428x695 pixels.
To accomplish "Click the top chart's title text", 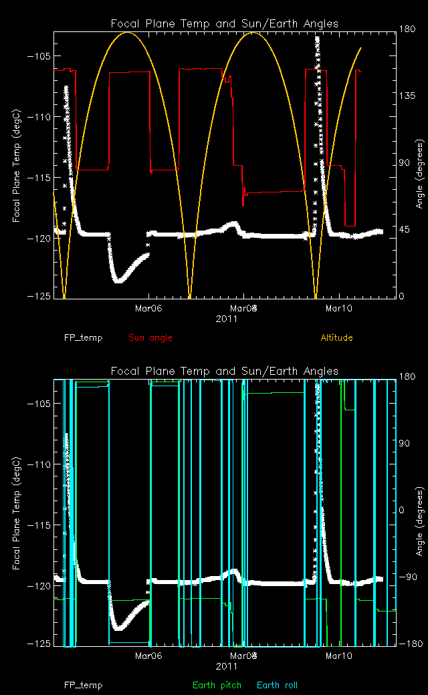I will pyautogui.click(x=224, y=24).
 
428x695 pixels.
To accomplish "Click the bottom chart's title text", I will pyautogui.click(x=224, y=372).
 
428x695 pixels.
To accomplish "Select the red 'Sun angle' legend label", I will pyautogui.click(x=150, y=338).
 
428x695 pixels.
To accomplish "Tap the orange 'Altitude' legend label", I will pyautogui.click(x=336, y=338).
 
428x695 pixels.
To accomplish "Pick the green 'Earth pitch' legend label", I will pyautogui.click(x=213, y=686).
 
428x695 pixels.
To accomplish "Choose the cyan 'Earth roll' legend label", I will pyautogui.click(x=277, y=686).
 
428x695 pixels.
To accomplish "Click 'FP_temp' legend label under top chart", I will pyautogui.click(x=84, y=338).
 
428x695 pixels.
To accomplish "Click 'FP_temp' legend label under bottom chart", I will pyautogui.click(x=84, y=686).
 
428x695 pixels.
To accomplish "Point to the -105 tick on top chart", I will pyautogui.click(x=37, y=56).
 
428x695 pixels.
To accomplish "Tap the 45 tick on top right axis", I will pyautogui.click(x=405, y=230).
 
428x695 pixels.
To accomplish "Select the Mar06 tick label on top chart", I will pyautogui.click(x=148, y=309).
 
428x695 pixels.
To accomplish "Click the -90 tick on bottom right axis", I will pyautogui.click(x=407, y=577).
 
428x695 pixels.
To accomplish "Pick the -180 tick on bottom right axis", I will pyautogui.click(x=409, y=644).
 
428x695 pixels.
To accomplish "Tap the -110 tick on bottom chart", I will pyautogui.click(x=37, y=464).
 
